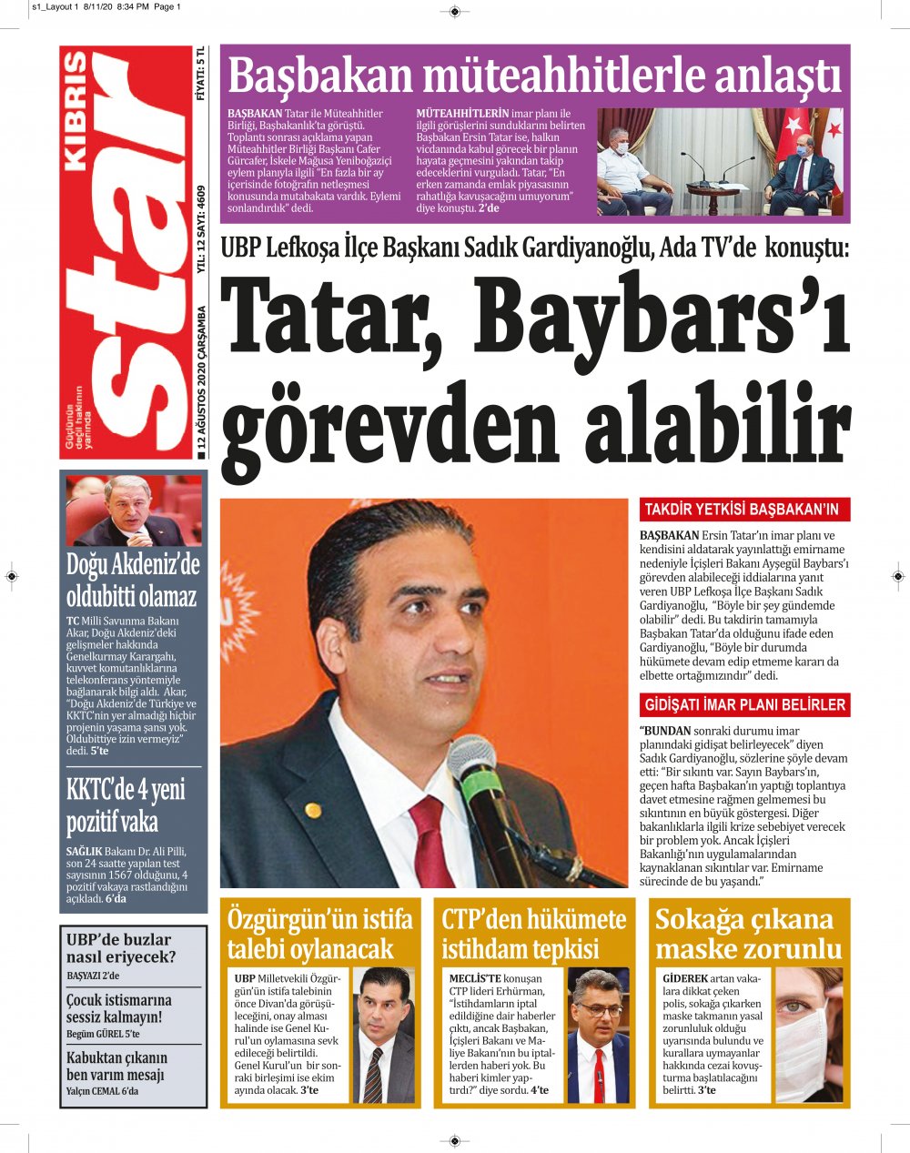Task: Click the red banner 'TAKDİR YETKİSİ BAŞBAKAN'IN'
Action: (x=741, y=510)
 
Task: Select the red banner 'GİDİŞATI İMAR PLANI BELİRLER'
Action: (x=744, y=704)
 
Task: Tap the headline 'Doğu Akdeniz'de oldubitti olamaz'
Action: (x=132, y=581)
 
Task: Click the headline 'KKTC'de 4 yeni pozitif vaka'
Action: (x=126, y=805)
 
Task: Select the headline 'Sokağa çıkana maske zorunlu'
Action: (x=748, y=934)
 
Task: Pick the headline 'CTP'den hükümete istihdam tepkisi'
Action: (x=534, y=934)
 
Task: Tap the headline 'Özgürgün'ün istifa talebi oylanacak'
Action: (x=319, y=934)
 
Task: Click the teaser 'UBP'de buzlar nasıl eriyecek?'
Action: (x=121, y=948)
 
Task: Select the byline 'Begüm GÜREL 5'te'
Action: (x=102, y=1034)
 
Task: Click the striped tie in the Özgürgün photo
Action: (x=375, y=1074)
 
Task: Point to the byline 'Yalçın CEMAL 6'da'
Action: (x=102, y=1091)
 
